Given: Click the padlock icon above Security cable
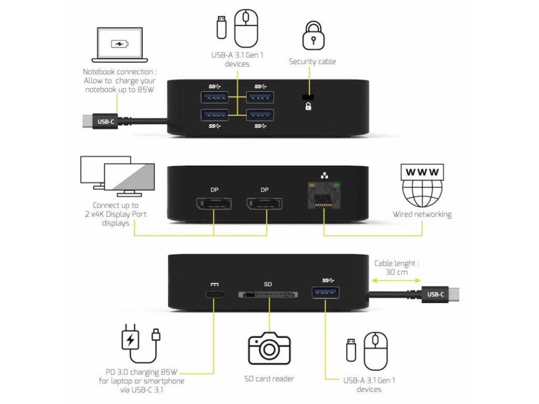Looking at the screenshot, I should [312, 35].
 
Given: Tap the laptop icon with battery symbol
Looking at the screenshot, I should [117, 45].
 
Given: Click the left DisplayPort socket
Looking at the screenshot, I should [213, 205].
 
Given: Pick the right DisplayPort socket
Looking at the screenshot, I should [264, 205].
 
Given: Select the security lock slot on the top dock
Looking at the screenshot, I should [308, 97].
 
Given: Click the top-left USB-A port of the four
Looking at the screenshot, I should [214, 97].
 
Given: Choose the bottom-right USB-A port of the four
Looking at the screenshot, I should [260, 115].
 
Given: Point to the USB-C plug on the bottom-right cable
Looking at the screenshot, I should [436, 295].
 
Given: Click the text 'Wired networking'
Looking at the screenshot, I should [422, 215].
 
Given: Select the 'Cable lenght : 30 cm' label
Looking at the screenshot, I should [396, 268].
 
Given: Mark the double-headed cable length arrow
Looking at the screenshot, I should [395, 281].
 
